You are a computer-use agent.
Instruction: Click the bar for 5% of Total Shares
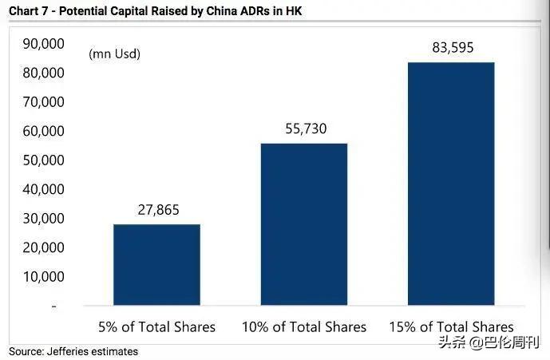(156, 264)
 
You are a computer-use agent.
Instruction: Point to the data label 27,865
(156, 211)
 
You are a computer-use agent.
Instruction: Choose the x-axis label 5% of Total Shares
(156, 327)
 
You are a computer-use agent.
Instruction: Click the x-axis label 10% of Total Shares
(304, 327)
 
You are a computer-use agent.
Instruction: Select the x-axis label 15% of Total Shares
(451, 327)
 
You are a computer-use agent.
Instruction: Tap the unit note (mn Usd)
(114, 54)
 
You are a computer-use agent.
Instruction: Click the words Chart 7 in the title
(26, 10)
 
